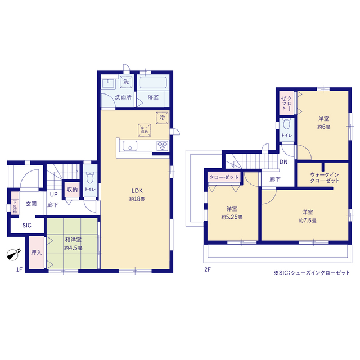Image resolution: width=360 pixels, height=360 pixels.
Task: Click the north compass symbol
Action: [13, 254]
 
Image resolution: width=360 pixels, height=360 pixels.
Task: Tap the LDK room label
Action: [137, 191]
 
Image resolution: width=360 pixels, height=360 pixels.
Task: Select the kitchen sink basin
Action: [130, 146]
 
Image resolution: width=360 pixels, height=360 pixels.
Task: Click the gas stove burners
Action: [163, 146]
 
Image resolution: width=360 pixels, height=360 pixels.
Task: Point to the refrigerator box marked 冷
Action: [162, 118]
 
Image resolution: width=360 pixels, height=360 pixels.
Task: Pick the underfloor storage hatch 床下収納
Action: [144, 130]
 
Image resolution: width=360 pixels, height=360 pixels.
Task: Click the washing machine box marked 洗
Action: [126, 82]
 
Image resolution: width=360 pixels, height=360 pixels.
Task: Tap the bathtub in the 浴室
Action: [153, 83]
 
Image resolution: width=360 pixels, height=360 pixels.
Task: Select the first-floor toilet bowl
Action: [90, 178]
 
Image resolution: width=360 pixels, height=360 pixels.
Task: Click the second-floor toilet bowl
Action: [286, 124]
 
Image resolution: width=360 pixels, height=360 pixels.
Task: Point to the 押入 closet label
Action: [36, 253]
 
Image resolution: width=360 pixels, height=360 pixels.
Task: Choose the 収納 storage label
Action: [72, 190]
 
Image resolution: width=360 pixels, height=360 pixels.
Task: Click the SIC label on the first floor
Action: [26, 225]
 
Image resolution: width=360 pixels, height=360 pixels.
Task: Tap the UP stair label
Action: [54, 195]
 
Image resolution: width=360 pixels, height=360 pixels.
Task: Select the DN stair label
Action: [283, 162]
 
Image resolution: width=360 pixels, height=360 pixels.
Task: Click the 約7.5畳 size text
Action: [308, 220]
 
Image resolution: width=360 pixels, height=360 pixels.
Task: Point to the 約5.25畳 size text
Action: [232, 217]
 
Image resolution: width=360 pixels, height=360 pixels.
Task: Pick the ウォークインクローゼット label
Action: [325, 178]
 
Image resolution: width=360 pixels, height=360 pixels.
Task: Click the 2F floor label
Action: [208, 269]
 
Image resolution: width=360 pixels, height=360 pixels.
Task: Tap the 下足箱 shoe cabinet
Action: [15, 203]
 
